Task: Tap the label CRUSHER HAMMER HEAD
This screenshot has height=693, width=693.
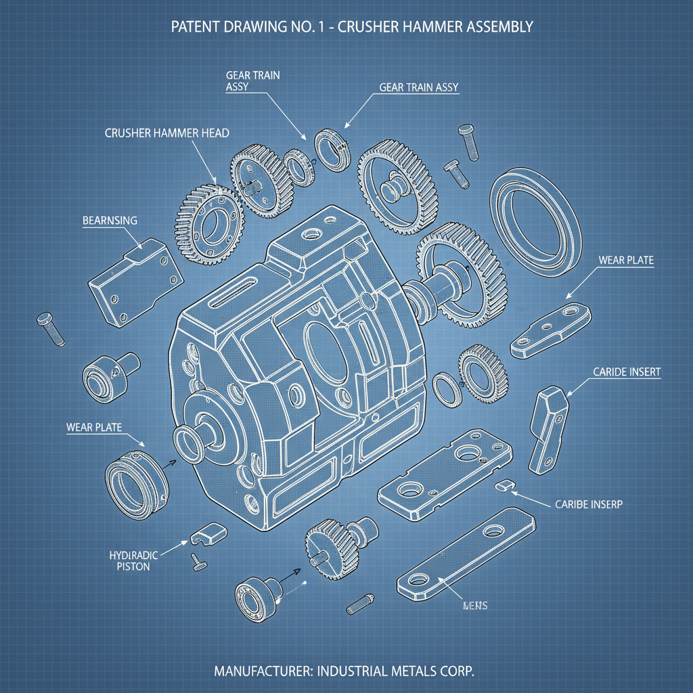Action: pos(166,133)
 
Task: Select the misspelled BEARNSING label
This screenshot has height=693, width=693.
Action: pos(110,221)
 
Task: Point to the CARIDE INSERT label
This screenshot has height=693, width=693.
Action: pos(627,372)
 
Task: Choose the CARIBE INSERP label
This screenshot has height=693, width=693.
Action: pos(589,504)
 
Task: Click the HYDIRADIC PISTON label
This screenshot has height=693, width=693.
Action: pos(133,561)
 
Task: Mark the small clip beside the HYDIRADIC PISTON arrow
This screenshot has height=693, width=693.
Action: pos(207,534)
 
